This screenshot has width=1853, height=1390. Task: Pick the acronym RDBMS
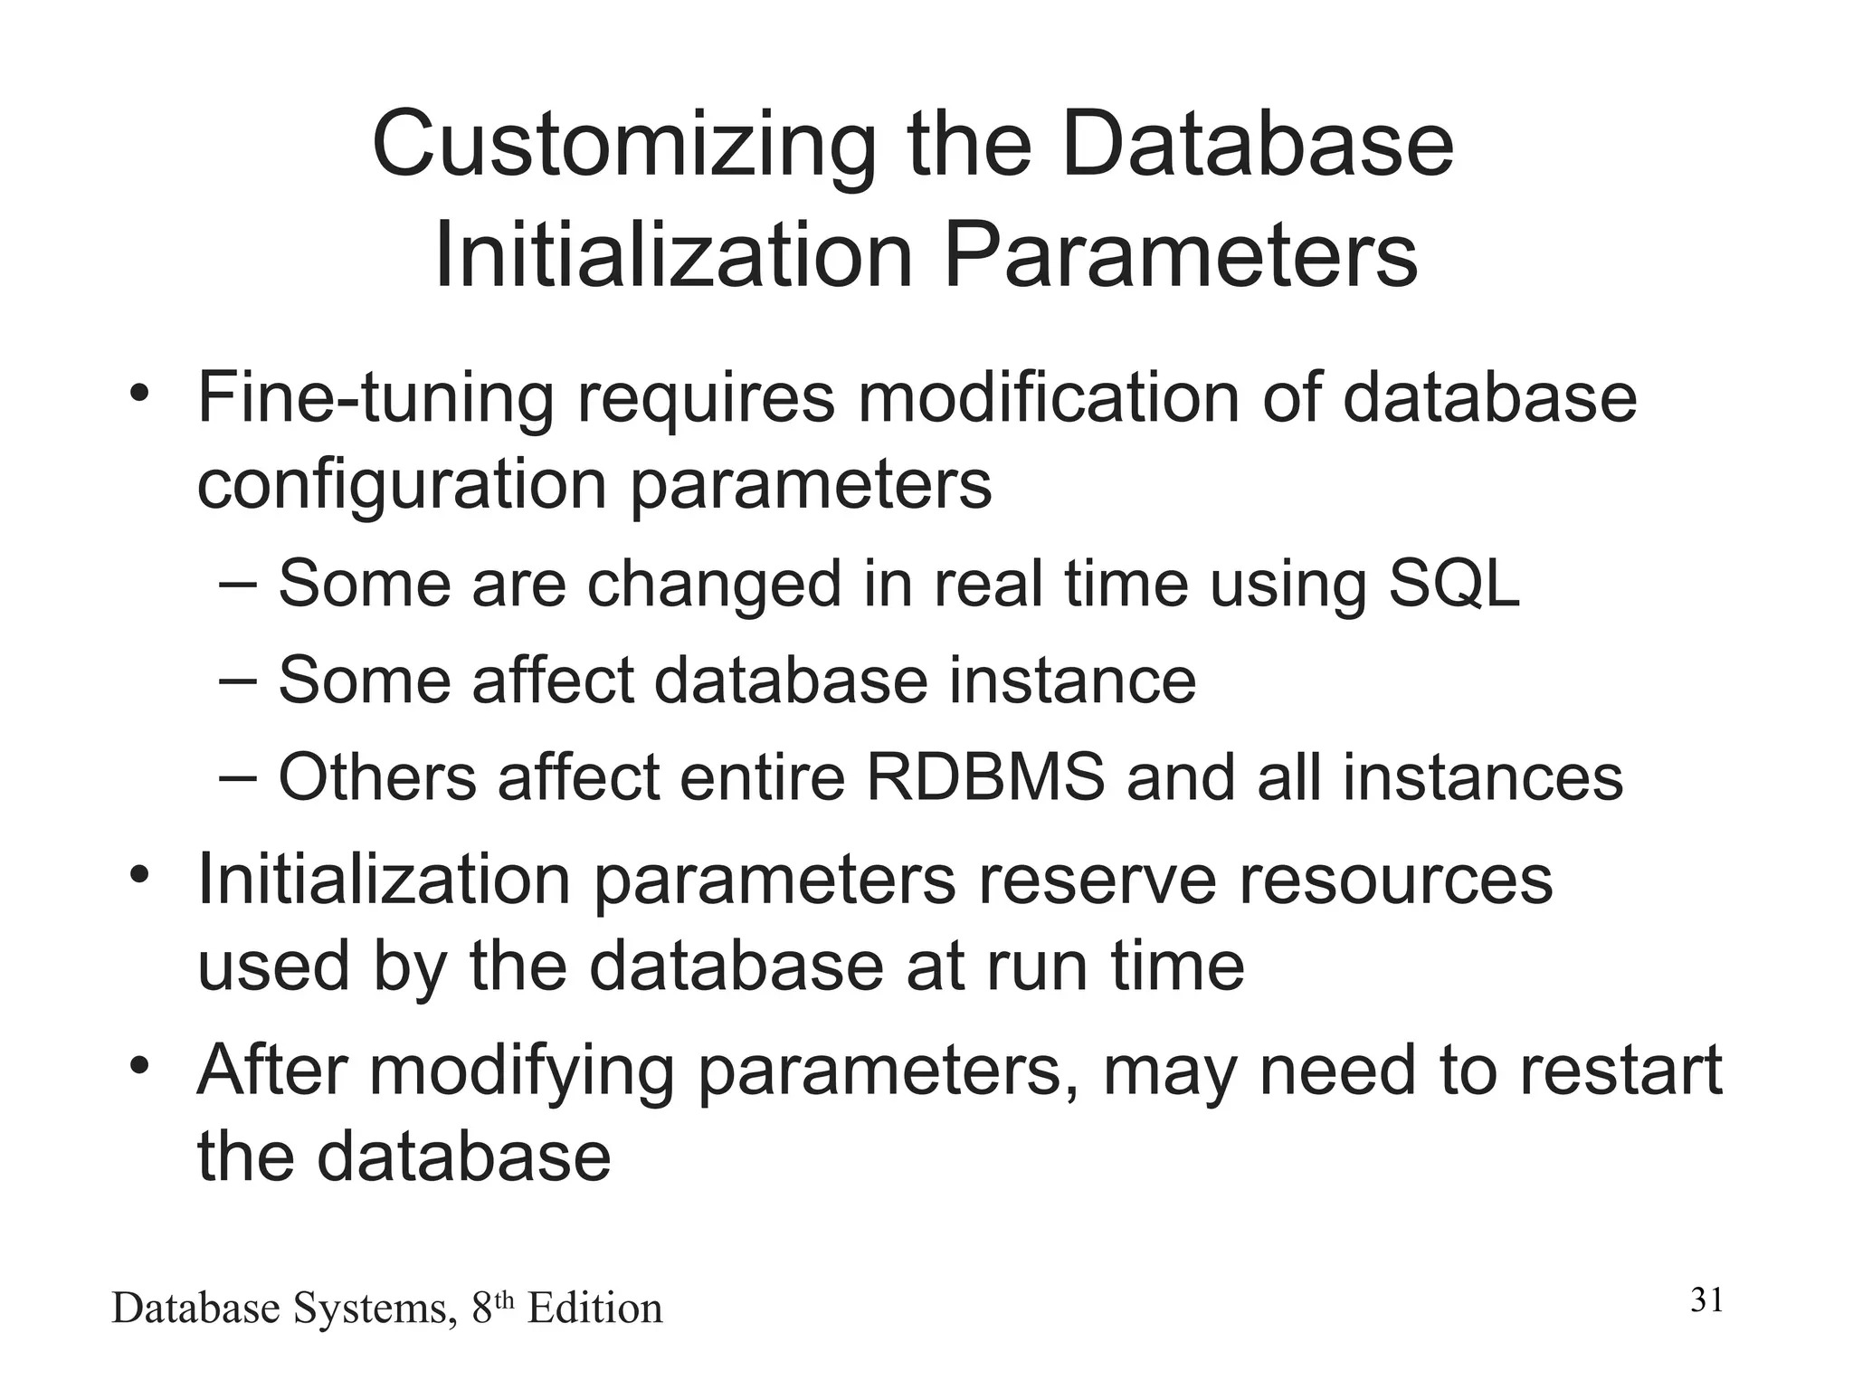(x=985, y=776)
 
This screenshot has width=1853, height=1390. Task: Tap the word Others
(x=376, y=776)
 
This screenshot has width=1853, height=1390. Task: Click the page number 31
(x=1706, y=1301)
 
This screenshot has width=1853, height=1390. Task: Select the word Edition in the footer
(x=594, y=1309)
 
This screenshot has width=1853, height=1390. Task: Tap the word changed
(x=714, y=585)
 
